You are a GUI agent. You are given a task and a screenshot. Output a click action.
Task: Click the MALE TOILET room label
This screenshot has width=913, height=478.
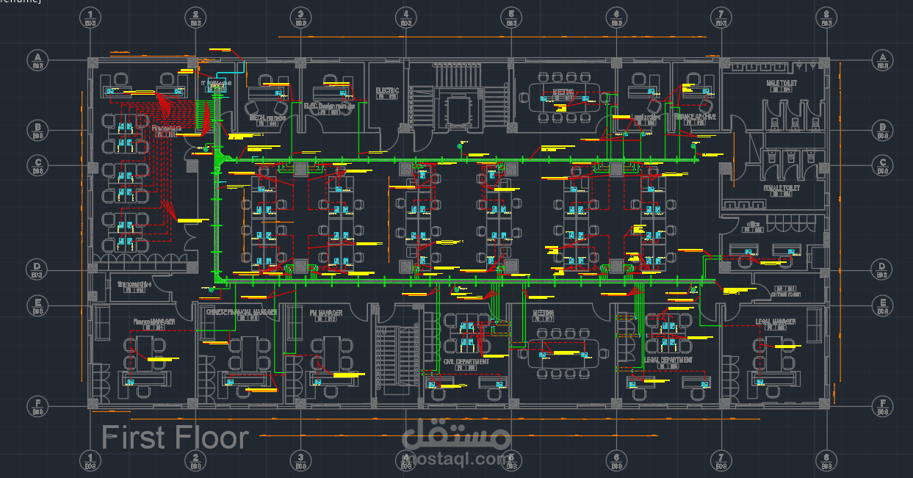(781, 84)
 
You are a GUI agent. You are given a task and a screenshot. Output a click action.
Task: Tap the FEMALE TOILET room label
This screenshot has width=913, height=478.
(781, 188)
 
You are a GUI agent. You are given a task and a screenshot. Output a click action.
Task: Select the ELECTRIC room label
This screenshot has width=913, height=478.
(387, 91)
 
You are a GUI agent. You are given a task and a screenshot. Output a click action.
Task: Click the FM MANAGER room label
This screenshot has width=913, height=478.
(325, 314)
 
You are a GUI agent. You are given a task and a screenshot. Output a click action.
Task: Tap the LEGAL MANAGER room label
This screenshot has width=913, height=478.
(776, 322)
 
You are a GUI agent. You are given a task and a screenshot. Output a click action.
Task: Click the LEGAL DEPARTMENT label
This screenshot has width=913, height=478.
(668, 361)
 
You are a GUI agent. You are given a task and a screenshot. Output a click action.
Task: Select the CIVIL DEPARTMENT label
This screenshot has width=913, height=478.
(466, 361)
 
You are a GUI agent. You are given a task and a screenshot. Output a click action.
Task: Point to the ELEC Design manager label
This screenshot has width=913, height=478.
(329, 106)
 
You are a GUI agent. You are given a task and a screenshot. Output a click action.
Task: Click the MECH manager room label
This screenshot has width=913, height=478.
(267, 117)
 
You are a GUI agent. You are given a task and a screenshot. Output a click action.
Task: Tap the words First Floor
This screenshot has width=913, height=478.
(175, 438)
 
